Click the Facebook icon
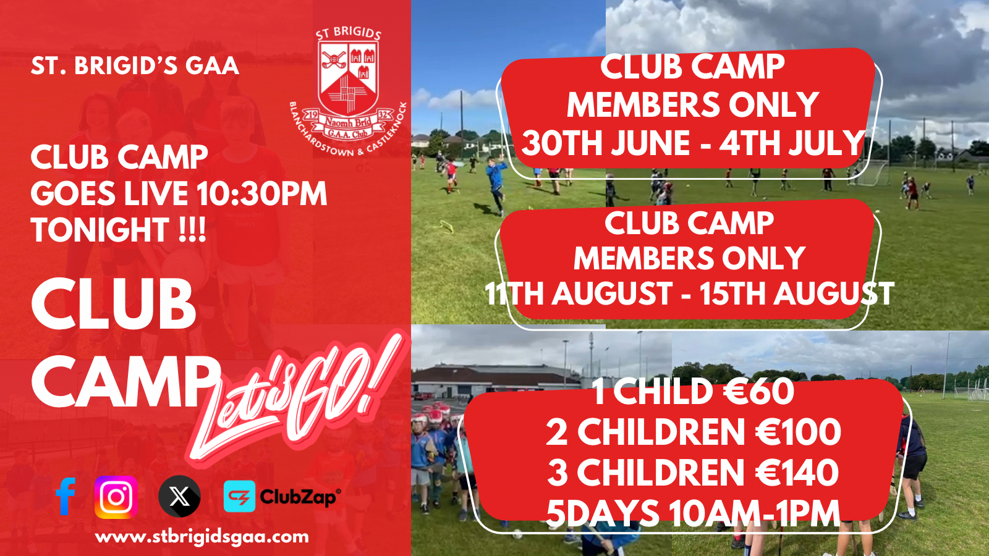click(66, 497)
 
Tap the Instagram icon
click(116, 497)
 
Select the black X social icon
click(179, 497)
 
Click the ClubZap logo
click(282, 497)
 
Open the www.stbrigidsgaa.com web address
click(202, 537)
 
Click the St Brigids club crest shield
click(349, 80)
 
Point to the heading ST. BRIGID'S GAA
click(135, 65)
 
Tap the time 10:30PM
click(261, 193)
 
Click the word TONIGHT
click(100, 229)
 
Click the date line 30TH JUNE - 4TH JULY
click(692, 143)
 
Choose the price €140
click(796, 473)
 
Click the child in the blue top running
click(497, 185)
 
